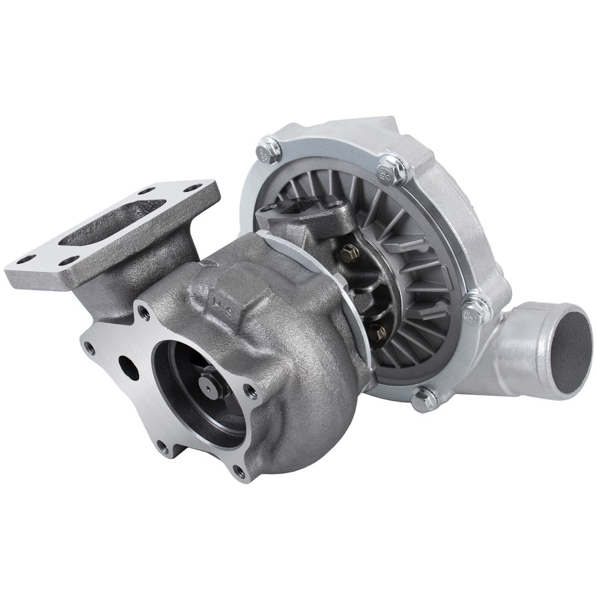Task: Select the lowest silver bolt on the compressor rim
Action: pos(424,398)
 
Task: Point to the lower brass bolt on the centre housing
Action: pos(377,333)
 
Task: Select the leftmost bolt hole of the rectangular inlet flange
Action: pos(25,260)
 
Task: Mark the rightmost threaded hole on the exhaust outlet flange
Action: pos(251,392)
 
